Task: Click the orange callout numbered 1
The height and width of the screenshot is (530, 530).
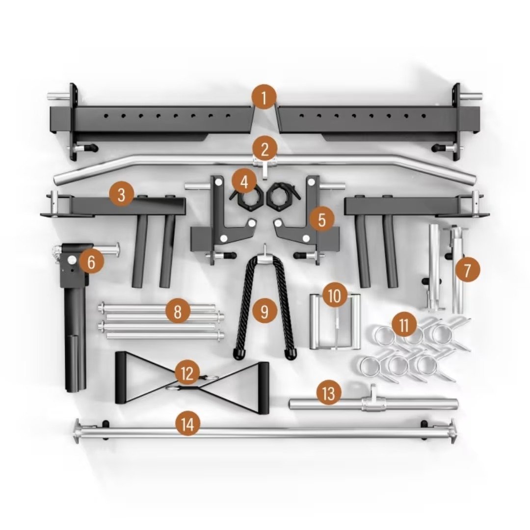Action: [x=265, y=98]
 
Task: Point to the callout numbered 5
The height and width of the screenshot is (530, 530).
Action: [x=321, y=219]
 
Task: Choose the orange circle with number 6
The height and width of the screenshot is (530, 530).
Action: [x=91, y=262]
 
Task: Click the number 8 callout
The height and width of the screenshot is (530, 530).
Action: [x=178, y=311]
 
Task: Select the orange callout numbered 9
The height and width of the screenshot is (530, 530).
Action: [x=265, y=311]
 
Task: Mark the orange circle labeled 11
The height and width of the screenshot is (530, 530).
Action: [x=404, y=325]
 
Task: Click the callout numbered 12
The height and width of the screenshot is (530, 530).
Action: [x=187, y=373]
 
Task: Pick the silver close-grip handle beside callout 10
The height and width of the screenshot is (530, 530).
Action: [x=335, y=324]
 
